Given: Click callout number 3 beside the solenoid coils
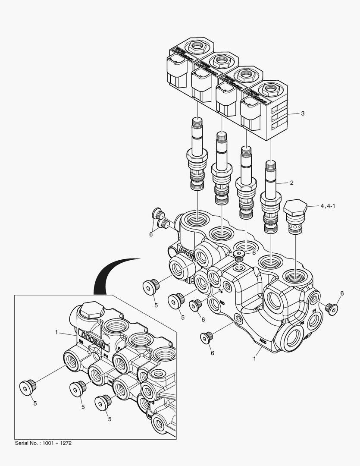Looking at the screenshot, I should (x=303, y=113).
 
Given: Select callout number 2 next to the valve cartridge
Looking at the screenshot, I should (x=291, y=183).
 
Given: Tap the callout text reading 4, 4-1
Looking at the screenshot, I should (x=328, y=206).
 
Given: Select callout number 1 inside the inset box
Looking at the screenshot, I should (x=56, y=332).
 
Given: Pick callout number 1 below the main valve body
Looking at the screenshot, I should (x=255, y=358).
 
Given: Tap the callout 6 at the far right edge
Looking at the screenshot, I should (x=342, y=293).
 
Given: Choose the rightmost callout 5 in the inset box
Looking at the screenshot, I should (x=110, y=419).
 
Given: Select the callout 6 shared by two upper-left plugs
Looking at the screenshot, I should (x=151, y=234).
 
